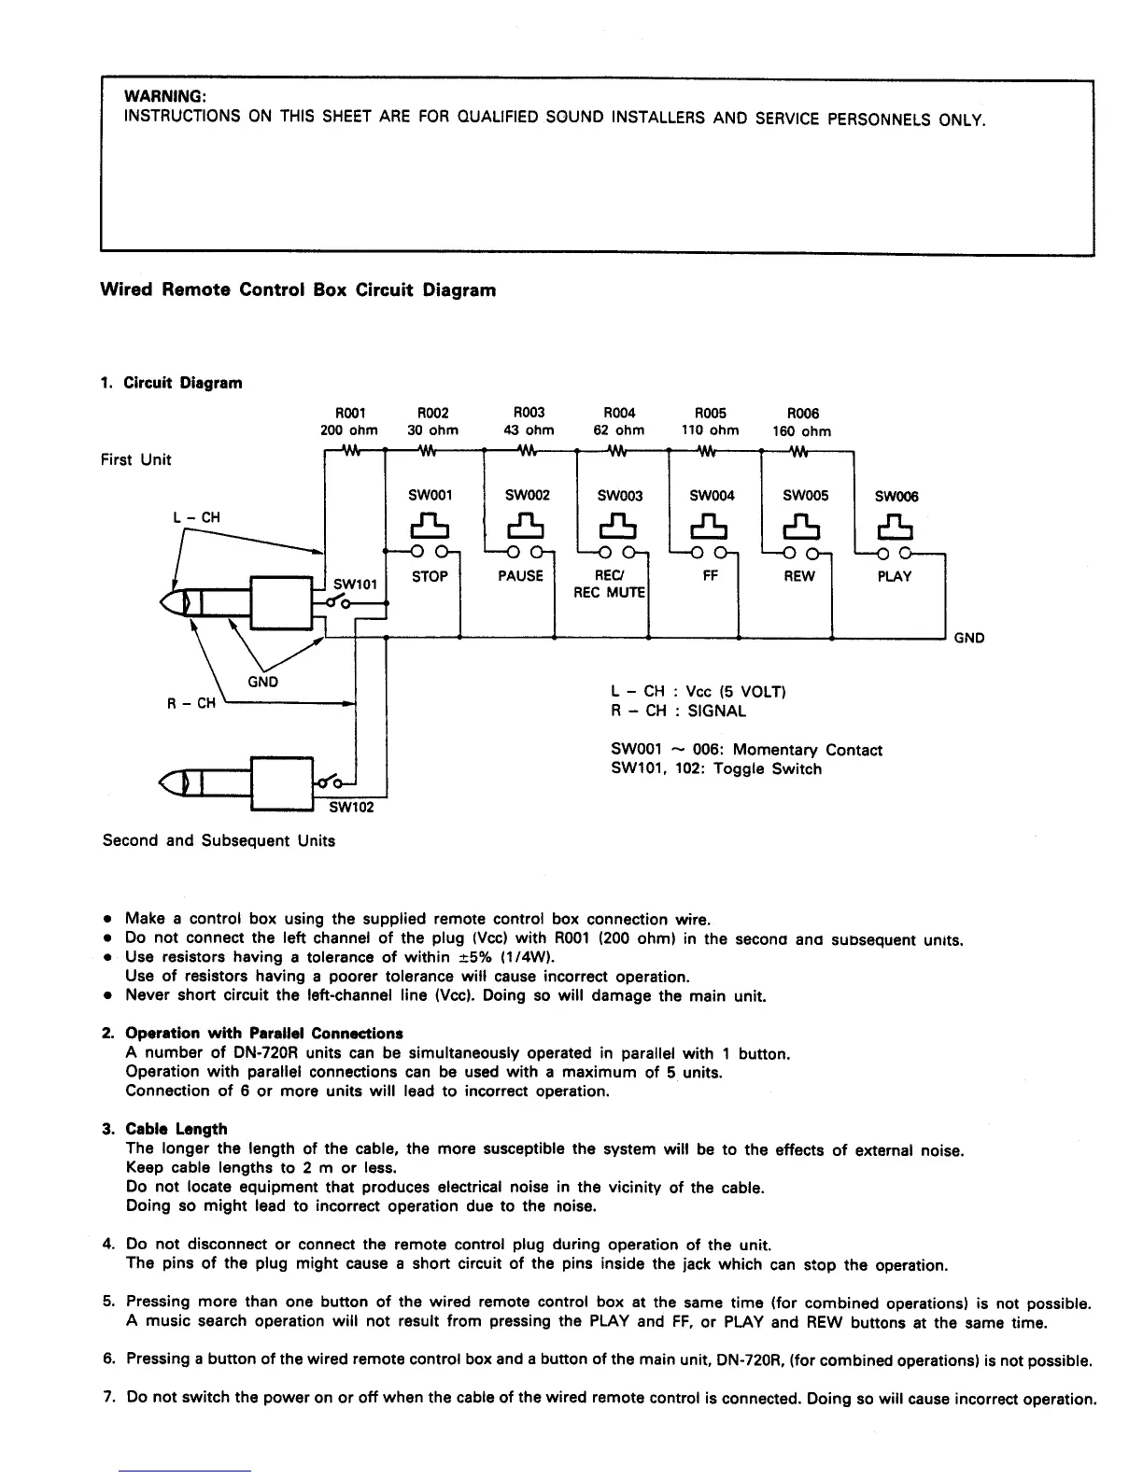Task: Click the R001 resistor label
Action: [x=349, y=412]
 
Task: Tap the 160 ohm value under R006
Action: [x=801, y=431]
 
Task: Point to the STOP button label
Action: [x=430, y=576]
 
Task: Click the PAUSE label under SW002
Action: [x=520, y=576]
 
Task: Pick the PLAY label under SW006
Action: [x=894, y=576]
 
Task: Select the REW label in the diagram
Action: [x=799, y=576]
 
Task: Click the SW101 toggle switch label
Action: [x=355, y=585]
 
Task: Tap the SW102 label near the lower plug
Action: [x=352, y=807]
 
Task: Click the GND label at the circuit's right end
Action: [x=968, y=639]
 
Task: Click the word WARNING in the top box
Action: [x=165, y=97]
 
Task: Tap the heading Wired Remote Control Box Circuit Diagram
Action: [x=298, y=289]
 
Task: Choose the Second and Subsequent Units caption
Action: [x=219, y=840]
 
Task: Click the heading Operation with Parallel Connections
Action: [x=264, y=1034]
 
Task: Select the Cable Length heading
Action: [x=176, y=1129]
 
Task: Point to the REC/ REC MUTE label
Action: [x=612, y=585]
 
